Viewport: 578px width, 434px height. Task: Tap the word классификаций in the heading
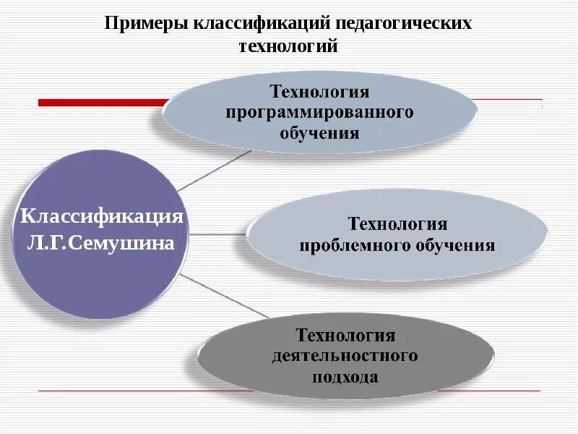point(260,23)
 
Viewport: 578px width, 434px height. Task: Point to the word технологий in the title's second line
point(288,47)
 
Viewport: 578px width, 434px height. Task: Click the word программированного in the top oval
point(319,113)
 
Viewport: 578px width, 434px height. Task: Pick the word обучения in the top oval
point(319,133)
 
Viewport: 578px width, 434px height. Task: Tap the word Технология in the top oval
point(319,92)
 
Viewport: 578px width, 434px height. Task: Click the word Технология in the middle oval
point(397,224)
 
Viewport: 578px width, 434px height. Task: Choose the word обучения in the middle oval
point(454,244)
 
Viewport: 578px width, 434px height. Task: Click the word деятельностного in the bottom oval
point(345,356)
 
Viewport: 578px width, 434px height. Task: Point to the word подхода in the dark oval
point(345,377)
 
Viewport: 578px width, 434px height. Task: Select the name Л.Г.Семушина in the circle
point(100,242)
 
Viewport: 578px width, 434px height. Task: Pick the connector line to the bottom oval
point(224,297)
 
